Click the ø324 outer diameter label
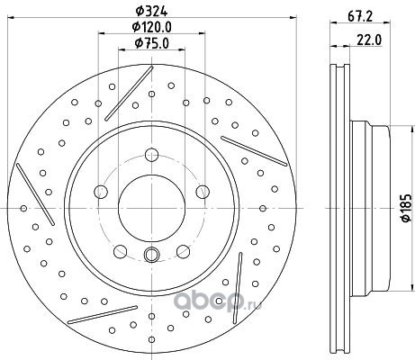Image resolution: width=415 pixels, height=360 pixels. tap(151, 12)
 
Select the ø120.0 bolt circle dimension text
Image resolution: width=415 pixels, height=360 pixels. tap(152, 27)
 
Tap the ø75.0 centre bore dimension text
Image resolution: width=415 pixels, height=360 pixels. tap(152, 43)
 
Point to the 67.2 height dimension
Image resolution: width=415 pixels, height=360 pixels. tap(360, 16)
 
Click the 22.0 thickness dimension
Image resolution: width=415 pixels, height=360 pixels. tap(369, 40)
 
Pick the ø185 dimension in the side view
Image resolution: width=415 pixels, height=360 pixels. tap(406, 208)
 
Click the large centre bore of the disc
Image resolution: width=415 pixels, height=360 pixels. tap(151, 208)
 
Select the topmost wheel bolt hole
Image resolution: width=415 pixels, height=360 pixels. tap(151, 155)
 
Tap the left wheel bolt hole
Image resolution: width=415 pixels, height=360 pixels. tap(101, 192)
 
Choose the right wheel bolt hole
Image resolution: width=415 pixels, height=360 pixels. tap(203, 192)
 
